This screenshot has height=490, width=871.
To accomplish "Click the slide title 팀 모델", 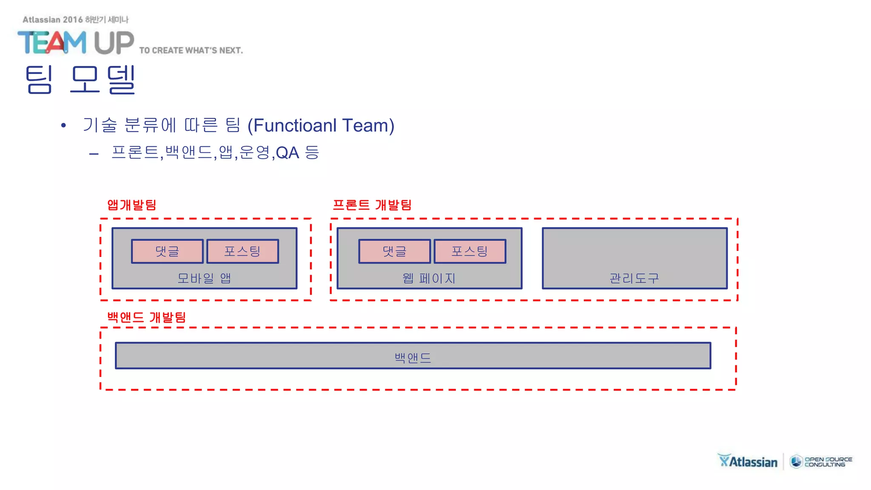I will tap(81, 80).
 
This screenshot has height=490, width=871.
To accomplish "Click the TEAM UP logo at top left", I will tap(76, 43).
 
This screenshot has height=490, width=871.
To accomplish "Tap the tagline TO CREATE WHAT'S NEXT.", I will tap(191, 50).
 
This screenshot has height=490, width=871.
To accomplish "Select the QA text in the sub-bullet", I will tap(287, 153).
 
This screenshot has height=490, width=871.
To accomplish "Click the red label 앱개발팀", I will tap(132, 205).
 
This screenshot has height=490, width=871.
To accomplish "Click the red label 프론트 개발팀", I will tap(372, 205).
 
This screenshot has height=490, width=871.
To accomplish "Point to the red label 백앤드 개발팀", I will tap(146, 317).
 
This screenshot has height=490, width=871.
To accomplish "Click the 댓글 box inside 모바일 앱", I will tap(167, 251).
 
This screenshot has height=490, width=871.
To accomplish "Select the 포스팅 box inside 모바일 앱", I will tap(242, 251).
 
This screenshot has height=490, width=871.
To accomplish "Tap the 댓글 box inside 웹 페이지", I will tap(394, 251).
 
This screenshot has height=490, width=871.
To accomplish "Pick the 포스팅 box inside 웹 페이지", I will tap(470, 251).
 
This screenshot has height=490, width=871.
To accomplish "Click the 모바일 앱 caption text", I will tap(204, 278).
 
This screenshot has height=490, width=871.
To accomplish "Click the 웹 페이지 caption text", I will tap(429, 279).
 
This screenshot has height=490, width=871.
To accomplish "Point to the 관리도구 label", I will tap(634, 279).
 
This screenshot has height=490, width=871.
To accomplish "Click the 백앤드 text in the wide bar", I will tap(413, 358).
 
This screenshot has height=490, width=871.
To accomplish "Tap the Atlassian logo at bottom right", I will tap(748, 461).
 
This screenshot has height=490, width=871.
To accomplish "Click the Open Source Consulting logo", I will tap(821, 462).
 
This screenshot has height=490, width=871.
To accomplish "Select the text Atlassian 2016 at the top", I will tap(53, 20).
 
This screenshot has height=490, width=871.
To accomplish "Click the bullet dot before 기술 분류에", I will tap(63, 125).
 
